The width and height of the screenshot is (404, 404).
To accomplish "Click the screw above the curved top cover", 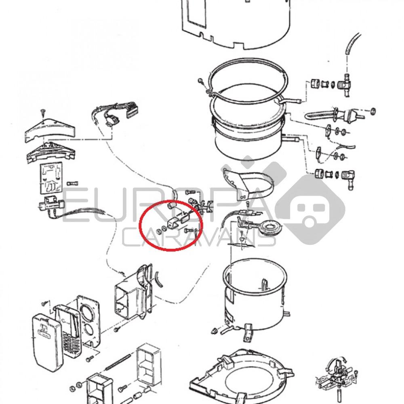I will click(42, 112).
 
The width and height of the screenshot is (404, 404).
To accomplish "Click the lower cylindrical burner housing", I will click(255, 295).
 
